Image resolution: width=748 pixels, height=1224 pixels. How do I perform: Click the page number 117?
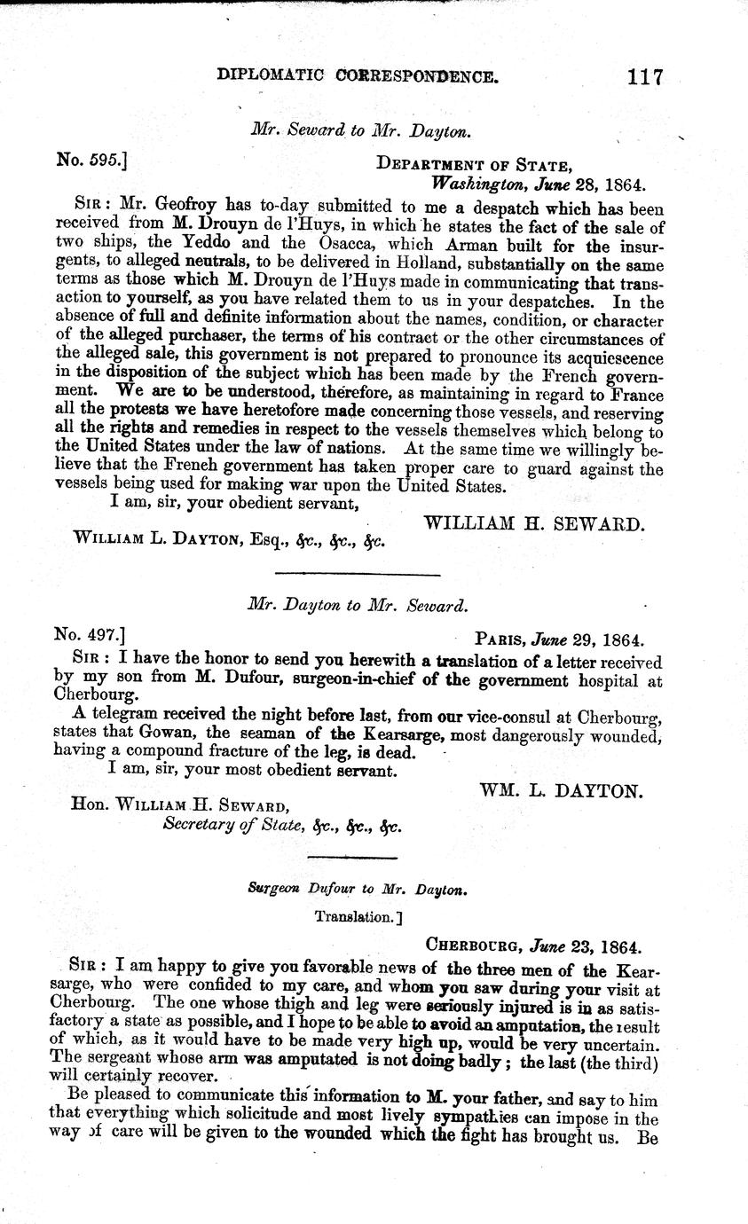(x=644, y=76)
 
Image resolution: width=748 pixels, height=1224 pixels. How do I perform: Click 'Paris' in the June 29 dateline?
(x=501, y=639)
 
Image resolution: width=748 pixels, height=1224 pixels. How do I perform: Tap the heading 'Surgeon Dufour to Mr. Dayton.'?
(x=358, y=888)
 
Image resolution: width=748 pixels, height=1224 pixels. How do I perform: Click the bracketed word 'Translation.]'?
(x=354, y=916)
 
